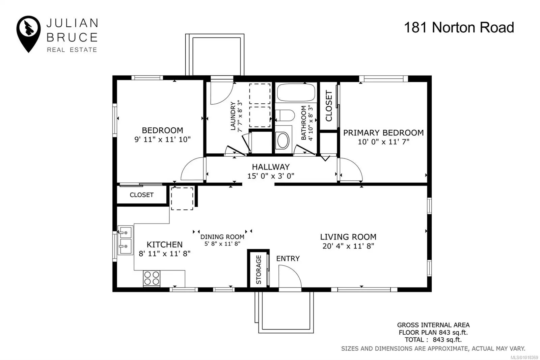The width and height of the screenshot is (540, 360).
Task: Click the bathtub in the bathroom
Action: coord(296,93)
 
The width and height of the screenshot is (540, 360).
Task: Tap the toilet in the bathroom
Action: coord(285,115)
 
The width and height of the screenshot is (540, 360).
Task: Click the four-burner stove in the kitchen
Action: coord(152,278)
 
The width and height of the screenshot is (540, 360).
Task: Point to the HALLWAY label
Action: coord(271,167)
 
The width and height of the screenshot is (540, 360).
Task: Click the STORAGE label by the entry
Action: coord(259,269)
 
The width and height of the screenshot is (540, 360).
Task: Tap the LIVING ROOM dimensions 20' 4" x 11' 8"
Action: coord(348,246)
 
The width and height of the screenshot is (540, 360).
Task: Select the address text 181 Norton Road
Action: coord(459,27)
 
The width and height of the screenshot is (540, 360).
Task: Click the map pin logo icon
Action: coord(28,34)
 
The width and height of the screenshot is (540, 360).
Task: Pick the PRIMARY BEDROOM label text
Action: coord(383,133)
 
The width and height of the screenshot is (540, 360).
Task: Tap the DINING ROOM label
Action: coord(222,237)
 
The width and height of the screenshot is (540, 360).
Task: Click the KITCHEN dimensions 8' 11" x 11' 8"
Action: coord(164,254)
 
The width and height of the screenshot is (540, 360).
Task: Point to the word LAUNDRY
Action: coord(233,116)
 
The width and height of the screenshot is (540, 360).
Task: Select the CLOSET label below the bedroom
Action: coord(141,195)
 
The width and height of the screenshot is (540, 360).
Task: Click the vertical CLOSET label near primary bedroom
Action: coord(329,106)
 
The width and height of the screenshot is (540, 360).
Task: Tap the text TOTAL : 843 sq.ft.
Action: coord(433,340)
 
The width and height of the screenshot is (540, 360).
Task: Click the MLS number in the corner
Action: coord(524,357)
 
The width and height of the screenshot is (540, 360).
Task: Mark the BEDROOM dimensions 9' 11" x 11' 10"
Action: coord(162,139)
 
